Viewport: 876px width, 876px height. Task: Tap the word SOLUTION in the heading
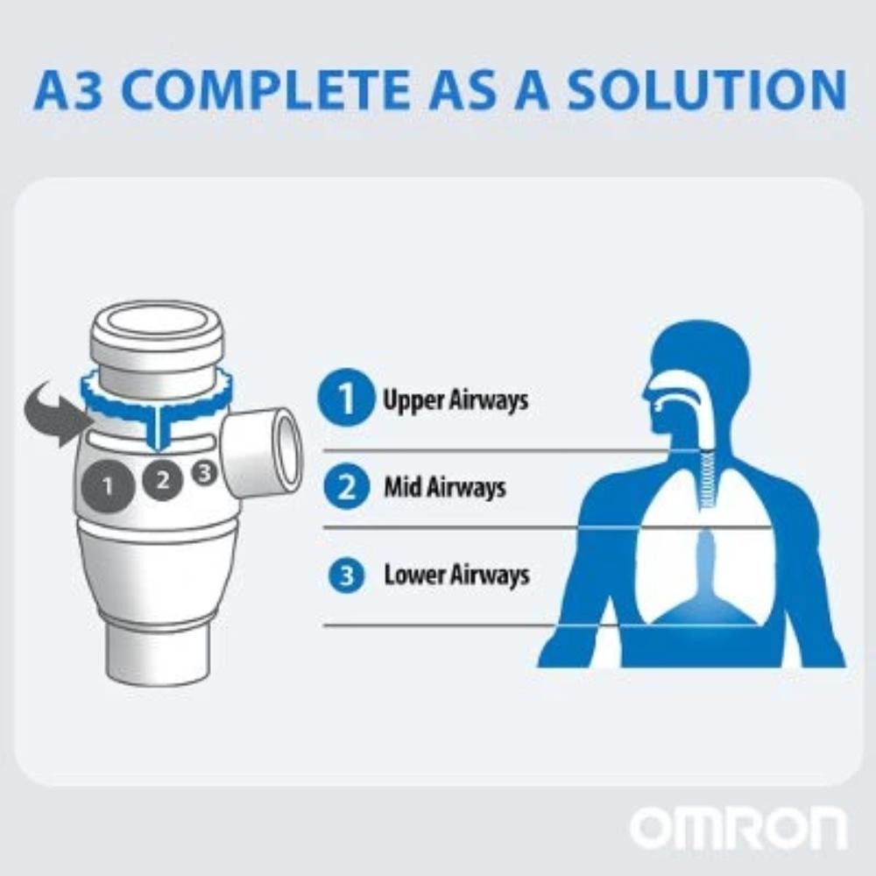(707, 90)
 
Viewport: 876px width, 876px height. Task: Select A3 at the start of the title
(68, 90)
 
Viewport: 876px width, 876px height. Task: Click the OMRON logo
(738, 828)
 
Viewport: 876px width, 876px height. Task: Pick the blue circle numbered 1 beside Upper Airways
(346, 399)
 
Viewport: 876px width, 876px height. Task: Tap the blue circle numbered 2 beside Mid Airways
(346, 486)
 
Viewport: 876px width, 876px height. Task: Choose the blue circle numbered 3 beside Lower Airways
(346, 575)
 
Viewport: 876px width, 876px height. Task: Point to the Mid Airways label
(445, 486)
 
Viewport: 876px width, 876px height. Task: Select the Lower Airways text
(456, 575)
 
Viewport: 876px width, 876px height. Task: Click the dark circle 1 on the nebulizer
(109, 486)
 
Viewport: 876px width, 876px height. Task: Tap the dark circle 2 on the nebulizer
(163, 480)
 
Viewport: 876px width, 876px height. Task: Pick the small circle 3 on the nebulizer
(204, 473)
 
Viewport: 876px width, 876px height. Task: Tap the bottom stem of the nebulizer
(159, 654)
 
